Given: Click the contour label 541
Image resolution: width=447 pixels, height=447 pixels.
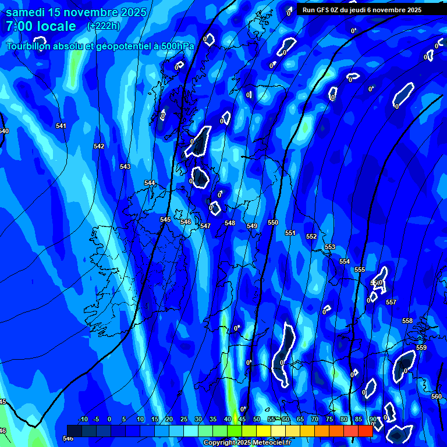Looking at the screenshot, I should coord(61,126).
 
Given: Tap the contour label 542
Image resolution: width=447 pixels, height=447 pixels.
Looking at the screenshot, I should coord(99,146).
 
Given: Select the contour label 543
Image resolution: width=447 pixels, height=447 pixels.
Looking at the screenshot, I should coord(125,166).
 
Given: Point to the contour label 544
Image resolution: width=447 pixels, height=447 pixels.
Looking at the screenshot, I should coord(150,183).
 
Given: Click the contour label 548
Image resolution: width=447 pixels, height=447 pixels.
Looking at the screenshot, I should coord(230,223).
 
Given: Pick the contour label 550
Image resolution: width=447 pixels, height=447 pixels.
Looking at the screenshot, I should coord(273,222).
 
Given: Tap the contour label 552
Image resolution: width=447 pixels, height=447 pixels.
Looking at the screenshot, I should coord(311,236).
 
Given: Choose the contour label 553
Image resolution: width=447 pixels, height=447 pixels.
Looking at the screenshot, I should coord(330,247).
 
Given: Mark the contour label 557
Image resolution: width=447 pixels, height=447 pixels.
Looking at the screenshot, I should coord(391,302).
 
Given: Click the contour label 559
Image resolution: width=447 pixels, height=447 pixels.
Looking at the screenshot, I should coord(421,347).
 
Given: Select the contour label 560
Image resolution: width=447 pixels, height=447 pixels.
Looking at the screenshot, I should coord(436,396).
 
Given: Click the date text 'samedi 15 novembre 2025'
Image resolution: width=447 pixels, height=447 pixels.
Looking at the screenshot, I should coord(76,13).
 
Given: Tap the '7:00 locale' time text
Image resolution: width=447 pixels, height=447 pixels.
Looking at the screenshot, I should coord(41,26).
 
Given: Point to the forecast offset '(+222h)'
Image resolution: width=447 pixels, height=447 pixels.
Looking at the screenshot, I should coord(104,26).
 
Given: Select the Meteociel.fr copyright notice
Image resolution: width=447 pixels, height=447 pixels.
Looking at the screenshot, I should coord(247,443).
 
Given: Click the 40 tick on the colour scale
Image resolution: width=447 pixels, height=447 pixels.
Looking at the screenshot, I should coord(228,419).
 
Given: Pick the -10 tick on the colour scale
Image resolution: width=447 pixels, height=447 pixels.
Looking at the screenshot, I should coord(83,419).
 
